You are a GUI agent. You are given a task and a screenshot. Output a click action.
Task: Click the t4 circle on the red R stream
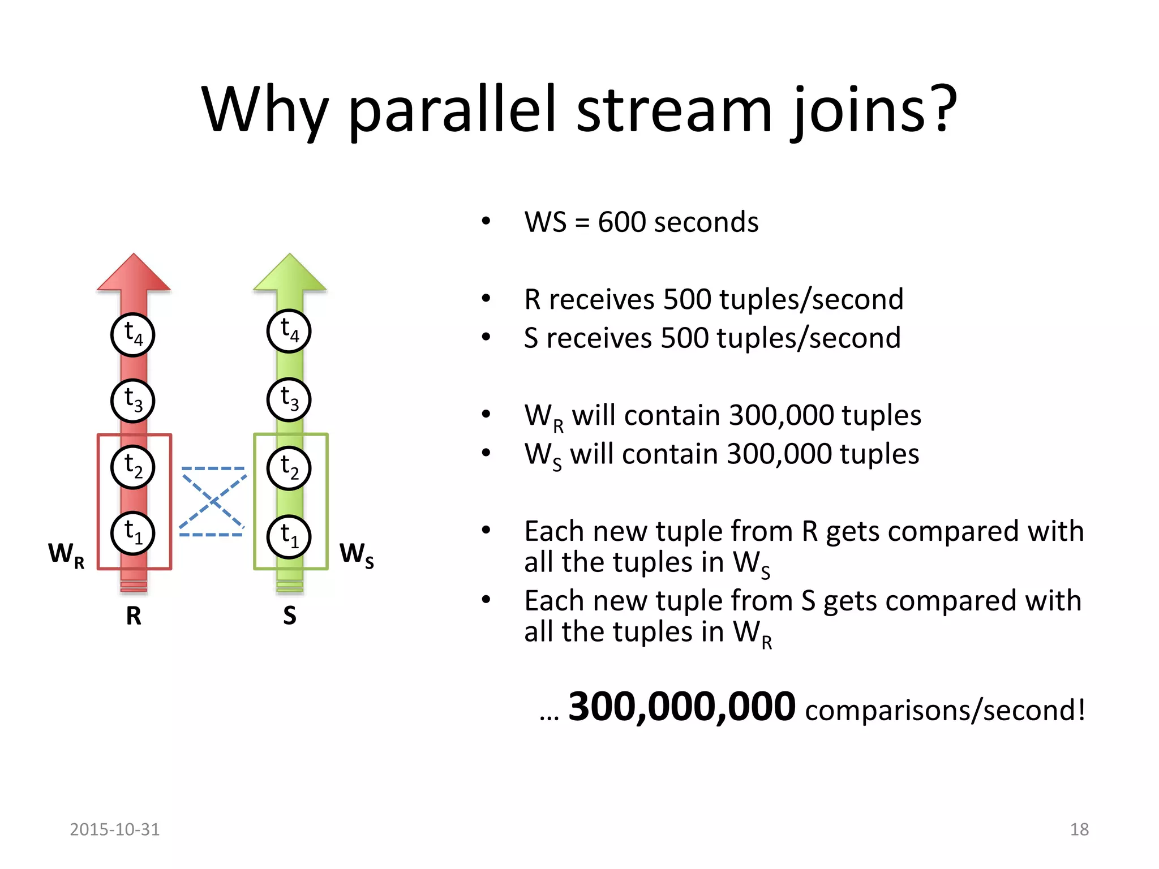point(132,335)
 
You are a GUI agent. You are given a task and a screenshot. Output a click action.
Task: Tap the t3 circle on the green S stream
point(289,399)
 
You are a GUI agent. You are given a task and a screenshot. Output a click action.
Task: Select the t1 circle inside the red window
point(132,533)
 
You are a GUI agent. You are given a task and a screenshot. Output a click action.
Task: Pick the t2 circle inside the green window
point(289,468)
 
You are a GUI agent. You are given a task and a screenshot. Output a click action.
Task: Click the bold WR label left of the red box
point(66,554)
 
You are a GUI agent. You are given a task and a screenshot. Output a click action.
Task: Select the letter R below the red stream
point(134,616)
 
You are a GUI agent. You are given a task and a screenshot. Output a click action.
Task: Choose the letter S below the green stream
point(290,616)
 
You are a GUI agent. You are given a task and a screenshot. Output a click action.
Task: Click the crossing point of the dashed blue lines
point(213,500)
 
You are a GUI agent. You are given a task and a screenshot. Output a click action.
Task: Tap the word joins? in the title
point(873,110)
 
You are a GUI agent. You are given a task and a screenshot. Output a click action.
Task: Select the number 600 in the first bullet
point(621,222)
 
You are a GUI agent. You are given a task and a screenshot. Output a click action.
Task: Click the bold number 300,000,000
point(681,707)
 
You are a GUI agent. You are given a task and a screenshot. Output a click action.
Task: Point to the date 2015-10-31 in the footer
point(114,829)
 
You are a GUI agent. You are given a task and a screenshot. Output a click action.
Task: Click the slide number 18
point(1079,829)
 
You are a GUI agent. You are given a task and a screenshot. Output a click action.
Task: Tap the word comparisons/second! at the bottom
point(945,710)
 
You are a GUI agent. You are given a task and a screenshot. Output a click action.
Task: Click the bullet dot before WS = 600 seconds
point(486,221)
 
